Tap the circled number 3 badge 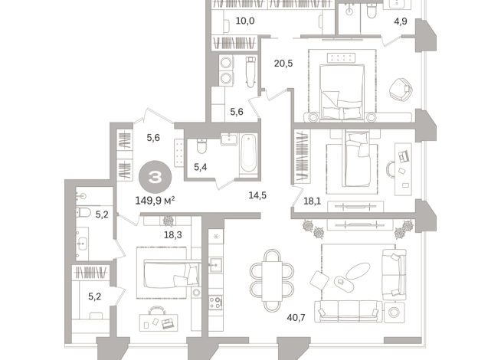click(x=156, y=177)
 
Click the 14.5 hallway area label click(x=257, y=195)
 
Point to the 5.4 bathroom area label click(x=201, y=166)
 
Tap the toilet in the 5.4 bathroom click(x=201, y=145)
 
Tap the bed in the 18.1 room click(x=358, y=158)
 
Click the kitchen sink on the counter click(x=217, y=266)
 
